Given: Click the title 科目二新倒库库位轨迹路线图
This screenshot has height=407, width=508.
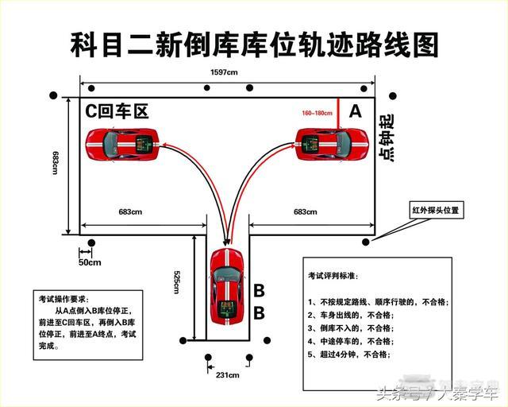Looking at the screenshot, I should [x=254, y=43].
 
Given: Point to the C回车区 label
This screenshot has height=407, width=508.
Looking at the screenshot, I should [x=117, y=111].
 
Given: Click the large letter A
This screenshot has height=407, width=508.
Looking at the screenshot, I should [x=355, y=112].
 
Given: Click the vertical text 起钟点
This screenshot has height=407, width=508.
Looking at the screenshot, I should [x=387, y=139].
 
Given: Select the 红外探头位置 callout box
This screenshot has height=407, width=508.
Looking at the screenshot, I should [x=434, y=211].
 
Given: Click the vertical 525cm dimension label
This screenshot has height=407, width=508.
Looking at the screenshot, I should [x=178, y=281].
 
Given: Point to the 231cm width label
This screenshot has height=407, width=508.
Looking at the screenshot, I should [x=228, y=374].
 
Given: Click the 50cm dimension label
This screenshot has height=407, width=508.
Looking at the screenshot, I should [x=90, y=262].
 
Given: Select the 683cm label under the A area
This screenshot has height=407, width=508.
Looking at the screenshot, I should [x=305, y=211].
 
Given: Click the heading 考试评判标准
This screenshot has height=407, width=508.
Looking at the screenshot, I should [x=333, y=276].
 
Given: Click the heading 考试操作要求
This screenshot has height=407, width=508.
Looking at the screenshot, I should [x=65, y=300].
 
